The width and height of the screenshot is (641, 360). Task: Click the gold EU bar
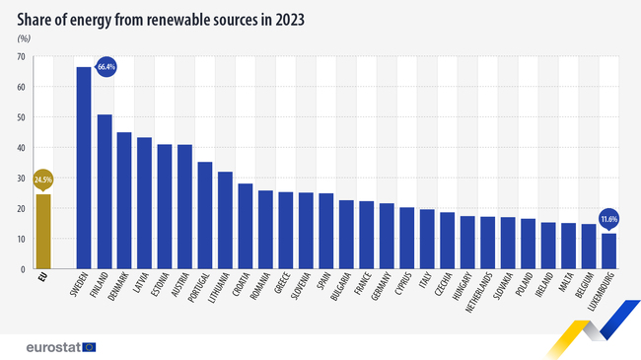(42, 231)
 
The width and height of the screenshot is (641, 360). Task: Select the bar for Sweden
(83, 168)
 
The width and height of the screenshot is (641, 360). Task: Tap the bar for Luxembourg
(608, 251)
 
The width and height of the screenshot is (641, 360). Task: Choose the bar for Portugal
(205, 215)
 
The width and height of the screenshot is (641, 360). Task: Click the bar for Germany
(387, 236)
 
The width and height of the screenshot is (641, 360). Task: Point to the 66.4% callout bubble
(107, 67)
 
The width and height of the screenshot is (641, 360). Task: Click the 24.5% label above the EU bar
(42, 180)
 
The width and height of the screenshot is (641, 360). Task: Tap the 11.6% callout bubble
(608, 217)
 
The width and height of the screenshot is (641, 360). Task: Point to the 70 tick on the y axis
(21, 57)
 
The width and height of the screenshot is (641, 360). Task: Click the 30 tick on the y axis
(21, 179)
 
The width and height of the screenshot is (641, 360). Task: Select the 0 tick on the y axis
(23, 269)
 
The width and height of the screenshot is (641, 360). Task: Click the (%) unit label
(24, 37)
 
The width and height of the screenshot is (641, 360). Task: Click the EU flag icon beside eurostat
(90, 346)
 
